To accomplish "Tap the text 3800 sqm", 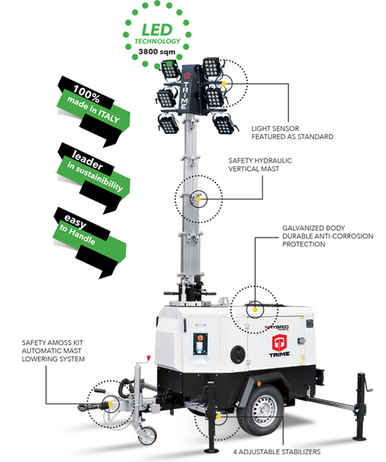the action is [x=157, y=52].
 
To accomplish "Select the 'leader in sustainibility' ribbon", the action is [x=93, y=178].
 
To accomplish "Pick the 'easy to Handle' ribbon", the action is [x=89, y=243].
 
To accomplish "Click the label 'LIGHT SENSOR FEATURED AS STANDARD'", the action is [x=292, y=133].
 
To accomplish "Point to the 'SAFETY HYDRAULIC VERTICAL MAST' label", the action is [x=260, y=165].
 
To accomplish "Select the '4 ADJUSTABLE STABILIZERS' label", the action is [x=277, y=452].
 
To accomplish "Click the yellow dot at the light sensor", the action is [x=224, y=84].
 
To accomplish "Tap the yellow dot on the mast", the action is [x=199, y=199].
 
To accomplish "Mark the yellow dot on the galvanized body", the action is [x=255, y=310].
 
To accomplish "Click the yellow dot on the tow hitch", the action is [x=111, y=404].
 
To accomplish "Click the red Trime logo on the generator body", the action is [x=279, y=342].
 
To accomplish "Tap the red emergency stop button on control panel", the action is [x=200, y=337].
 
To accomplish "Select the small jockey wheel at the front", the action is [x=147, y=436].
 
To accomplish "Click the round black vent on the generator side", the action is [x=238, y=354].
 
